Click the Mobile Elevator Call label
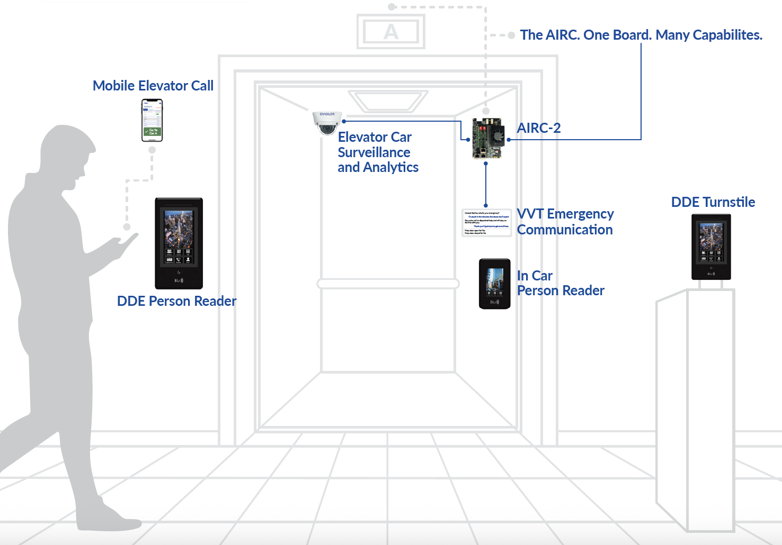pos(153,86)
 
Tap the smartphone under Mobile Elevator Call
pos(152,121)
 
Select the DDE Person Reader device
pos(179,243)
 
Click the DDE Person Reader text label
pos(176,301)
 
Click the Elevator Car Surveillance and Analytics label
pos(378,152)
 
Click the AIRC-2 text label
pos(538,128)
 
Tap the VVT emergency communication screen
pos(486,223)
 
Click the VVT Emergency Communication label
pos(565,222)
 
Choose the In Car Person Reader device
pos(494,284)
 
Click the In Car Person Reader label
pos(560,283)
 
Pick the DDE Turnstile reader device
pos(711,247)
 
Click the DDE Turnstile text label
pos(713,202)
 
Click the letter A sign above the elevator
pos(391,32)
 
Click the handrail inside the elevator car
pos(388,284)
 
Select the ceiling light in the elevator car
pos(388,101)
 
